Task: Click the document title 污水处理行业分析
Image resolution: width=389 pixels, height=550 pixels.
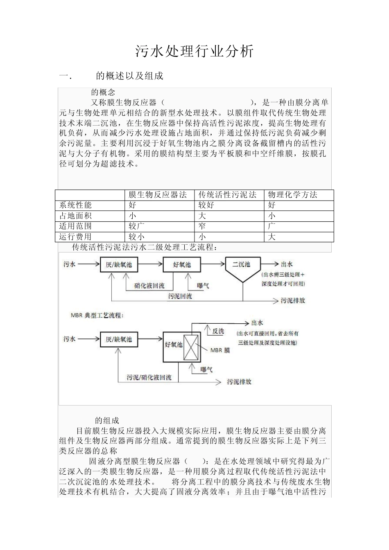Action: (x=194, y=52)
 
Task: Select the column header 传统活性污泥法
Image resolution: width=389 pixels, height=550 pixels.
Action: (x=227, y=195)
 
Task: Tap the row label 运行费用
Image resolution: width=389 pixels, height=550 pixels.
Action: (x=76, y=237)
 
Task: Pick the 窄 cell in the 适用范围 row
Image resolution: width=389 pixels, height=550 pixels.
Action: (x=202, y=226)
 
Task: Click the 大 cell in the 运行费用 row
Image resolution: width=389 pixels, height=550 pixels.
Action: (x=272, y=237)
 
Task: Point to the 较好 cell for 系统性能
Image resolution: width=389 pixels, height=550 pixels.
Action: (x=206, y=205)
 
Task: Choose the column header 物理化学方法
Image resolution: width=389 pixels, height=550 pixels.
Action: (x=293, y=195)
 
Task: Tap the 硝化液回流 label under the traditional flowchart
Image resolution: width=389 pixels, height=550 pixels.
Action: (x=149, y=286)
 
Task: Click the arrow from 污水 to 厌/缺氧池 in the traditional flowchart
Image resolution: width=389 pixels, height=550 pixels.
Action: (x=88, y=264)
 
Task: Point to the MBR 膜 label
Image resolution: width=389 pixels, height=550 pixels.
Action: (x=220, y=350)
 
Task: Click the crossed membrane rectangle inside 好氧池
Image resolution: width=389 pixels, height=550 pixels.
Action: (x=191, y=347)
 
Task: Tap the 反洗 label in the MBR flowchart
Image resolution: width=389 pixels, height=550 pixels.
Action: (x=218, y=331)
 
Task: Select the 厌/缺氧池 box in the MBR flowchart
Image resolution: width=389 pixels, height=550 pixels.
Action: (x=119, y=339)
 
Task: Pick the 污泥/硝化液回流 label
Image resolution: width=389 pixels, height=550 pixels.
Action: (x=149, y=377)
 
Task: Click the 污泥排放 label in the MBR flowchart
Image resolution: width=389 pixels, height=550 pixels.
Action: (x=239, y=382)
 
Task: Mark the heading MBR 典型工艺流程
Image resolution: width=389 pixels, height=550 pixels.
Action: (x=97, y=316)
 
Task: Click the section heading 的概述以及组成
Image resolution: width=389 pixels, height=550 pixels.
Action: (x=129, y=76)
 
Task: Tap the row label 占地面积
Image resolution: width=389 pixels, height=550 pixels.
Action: (x=76, y=216)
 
